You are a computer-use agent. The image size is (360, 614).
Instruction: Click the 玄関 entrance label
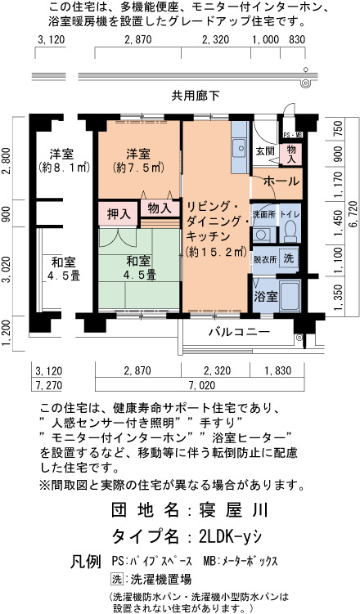265,150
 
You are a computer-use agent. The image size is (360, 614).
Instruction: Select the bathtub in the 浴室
290,296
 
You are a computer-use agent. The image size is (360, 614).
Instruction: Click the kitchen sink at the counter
239,148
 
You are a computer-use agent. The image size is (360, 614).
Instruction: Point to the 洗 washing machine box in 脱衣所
288,258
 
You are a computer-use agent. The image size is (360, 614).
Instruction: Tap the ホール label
281,182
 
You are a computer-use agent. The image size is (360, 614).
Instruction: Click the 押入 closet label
119,214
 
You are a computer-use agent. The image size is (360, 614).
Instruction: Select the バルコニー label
239,333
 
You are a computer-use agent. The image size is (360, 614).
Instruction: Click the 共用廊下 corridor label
195,95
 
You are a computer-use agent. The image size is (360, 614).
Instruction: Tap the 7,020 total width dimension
202,385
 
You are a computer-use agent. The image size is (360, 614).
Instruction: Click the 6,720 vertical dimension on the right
353,214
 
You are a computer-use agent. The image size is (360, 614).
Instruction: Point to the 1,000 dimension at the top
265,39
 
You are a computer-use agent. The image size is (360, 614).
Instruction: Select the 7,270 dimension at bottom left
48,385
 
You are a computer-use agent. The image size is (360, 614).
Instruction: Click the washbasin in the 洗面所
260,235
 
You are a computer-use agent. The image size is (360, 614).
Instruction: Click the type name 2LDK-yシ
230,536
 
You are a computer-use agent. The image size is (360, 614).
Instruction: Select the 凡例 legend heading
86,562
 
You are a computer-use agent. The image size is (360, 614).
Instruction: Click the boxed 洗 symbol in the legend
117,579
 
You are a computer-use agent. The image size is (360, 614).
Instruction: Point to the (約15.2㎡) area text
216,251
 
